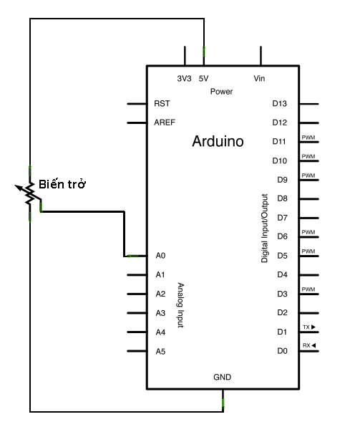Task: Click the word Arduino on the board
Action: pyautogui.click(x=218, y=142)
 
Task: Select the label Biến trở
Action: pyautogui.click(x=63, y=184)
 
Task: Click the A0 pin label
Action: pyautogui.click(x=160, y=256)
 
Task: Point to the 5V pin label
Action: pyautogui.click(x=203, y=78)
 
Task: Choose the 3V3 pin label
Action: pyautogui.click(x=184, y=78)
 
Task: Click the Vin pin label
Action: pyautogui.click(x=260, y=78)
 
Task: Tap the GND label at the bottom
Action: pyautogui.click(x=222, y=377)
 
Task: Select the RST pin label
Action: pyautogui.click(x=162, y=103)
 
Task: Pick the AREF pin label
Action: pyautogui.click(x=165, y=123)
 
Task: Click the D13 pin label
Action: pyautogui.click(x=280, y=103)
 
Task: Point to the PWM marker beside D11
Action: pyautogui.click(x=308, y=138)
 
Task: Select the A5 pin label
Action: pyautogui.click(x=160, y=351)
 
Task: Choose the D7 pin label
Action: pyautogui.click(x=282, y=217)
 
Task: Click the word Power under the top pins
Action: pyautogui.click(x=222, y=92)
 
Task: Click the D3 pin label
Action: pyautogui.click(x=282, y=294)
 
